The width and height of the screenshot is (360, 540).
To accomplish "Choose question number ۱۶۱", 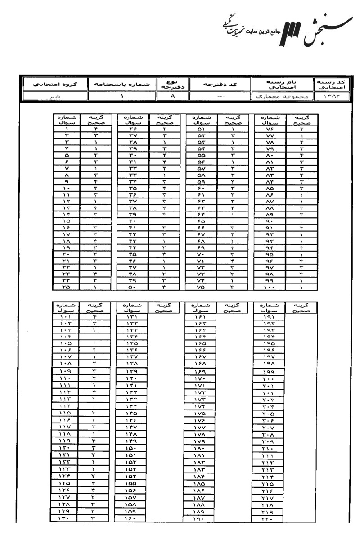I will click(x=199, y=316).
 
